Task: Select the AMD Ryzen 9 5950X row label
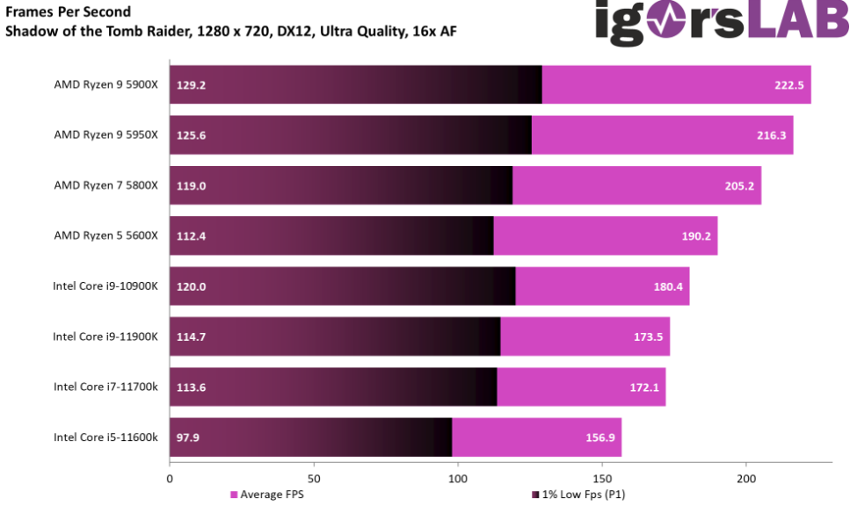105,135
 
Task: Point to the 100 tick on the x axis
457,479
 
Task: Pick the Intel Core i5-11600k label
105,437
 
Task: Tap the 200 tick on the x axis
745,479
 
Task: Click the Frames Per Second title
69,12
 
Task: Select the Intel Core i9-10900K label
105,286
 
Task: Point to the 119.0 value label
191,185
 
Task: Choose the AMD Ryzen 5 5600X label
105,236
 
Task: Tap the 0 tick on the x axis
170,479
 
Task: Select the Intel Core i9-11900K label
105,336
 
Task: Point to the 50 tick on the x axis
313,479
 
